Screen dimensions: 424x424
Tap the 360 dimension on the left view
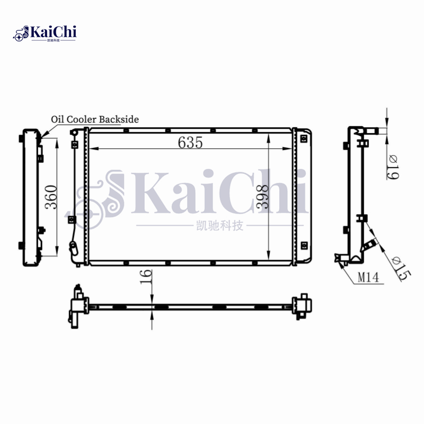pos(50,197)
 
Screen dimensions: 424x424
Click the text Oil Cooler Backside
pos(94,119)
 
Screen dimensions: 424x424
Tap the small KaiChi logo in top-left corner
pos(45,33)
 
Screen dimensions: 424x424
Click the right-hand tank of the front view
pos(303,196)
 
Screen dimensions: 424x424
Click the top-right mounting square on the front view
pos(304,139)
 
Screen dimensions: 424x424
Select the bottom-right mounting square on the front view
pos(304,244)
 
